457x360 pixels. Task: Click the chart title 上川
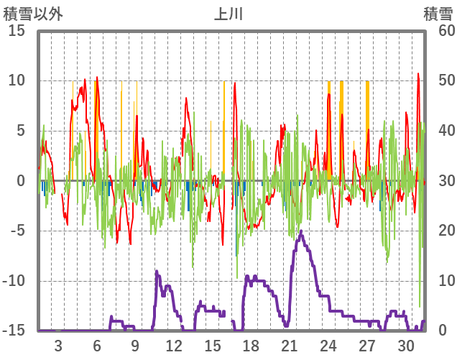(228, 13)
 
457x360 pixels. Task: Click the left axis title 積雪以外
(34, 13)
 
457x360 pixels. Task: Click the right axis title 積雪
(438, 13)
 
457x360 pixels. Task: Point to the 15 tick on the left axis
(17, 31)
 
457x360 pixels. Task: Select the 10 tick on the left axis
(17, 80)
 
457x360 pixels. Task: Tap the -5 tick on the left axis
(17, 231)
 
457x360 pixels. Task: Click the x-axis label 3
(58, 345)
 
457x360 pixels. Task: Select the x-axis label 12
(174, 345)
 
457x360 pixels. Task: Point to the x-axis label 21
(290, 345)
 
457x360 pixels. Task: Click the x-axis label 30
(405, 345)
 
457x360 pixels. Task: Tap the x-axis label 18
(251, 345)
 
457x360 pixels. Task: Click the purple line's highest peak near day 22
(301, 231)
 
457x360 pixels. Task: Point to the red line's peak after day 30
(418, 73)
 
